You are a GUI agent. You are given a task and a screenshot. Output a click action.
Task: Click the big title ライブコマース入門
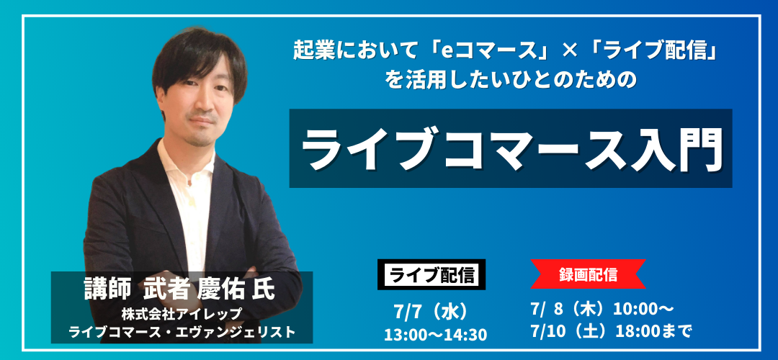(511, 148)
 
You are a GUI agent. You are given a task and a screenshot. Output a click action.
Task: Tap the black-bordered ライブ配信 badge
(432, 274)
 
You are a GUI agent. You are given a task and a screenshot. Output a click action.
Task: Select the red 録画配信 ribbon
(588, 274)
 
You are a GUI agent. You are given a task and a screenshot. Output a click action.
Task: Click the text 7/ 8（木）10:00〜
(602, 309)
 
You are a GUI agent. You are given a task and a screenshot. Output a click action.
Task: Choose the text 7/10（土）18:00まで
(610, 330)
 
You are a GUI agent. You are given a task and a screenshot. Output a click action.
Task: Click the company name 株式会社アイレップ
(182, 314)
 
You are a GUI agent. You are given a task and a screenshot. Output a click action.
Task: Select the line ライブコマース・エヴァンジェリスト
(182, 332)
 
